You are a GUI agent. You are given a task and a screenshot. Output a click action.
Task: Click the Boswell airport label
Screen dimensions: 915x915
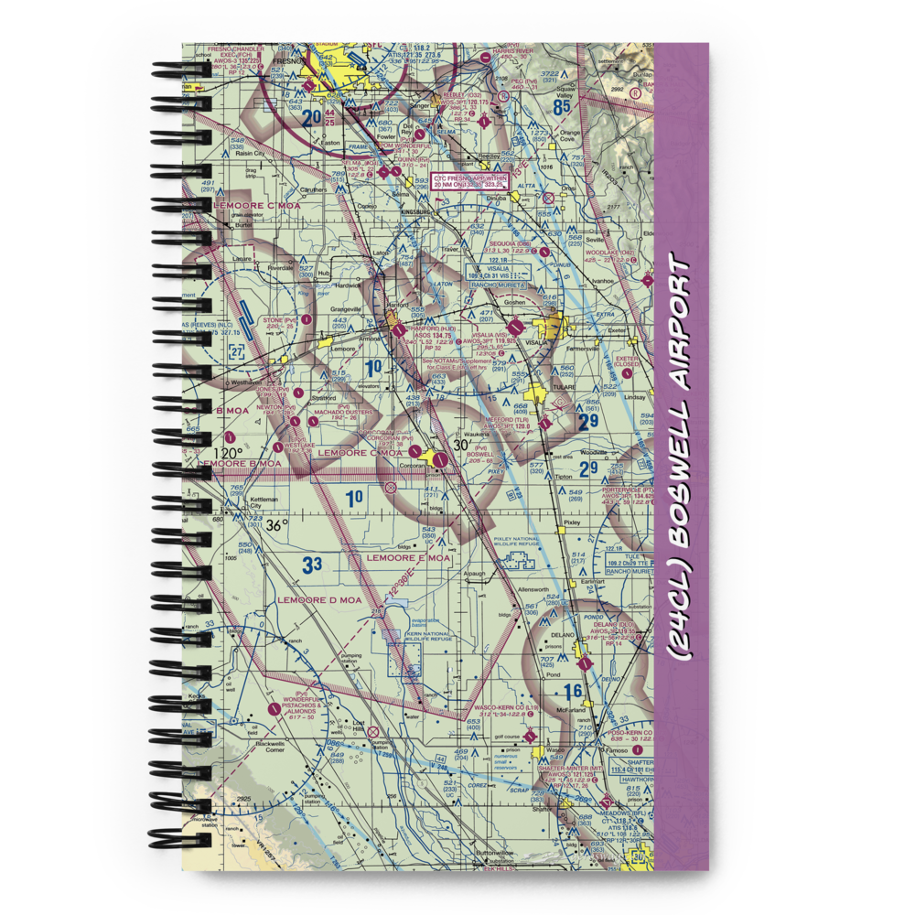click(480, 453)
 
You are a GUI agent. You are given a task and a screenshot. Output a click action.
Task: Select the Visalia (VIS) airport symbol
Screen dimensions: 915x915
click(517, 325)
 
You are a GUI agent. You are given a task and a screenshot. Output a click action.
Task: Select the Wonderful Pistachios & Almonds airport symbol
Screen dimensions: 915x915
click(273, 707)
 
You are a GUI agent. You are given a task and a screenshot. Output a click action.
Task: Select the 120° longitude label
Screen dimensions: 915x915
click(228, 452)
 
